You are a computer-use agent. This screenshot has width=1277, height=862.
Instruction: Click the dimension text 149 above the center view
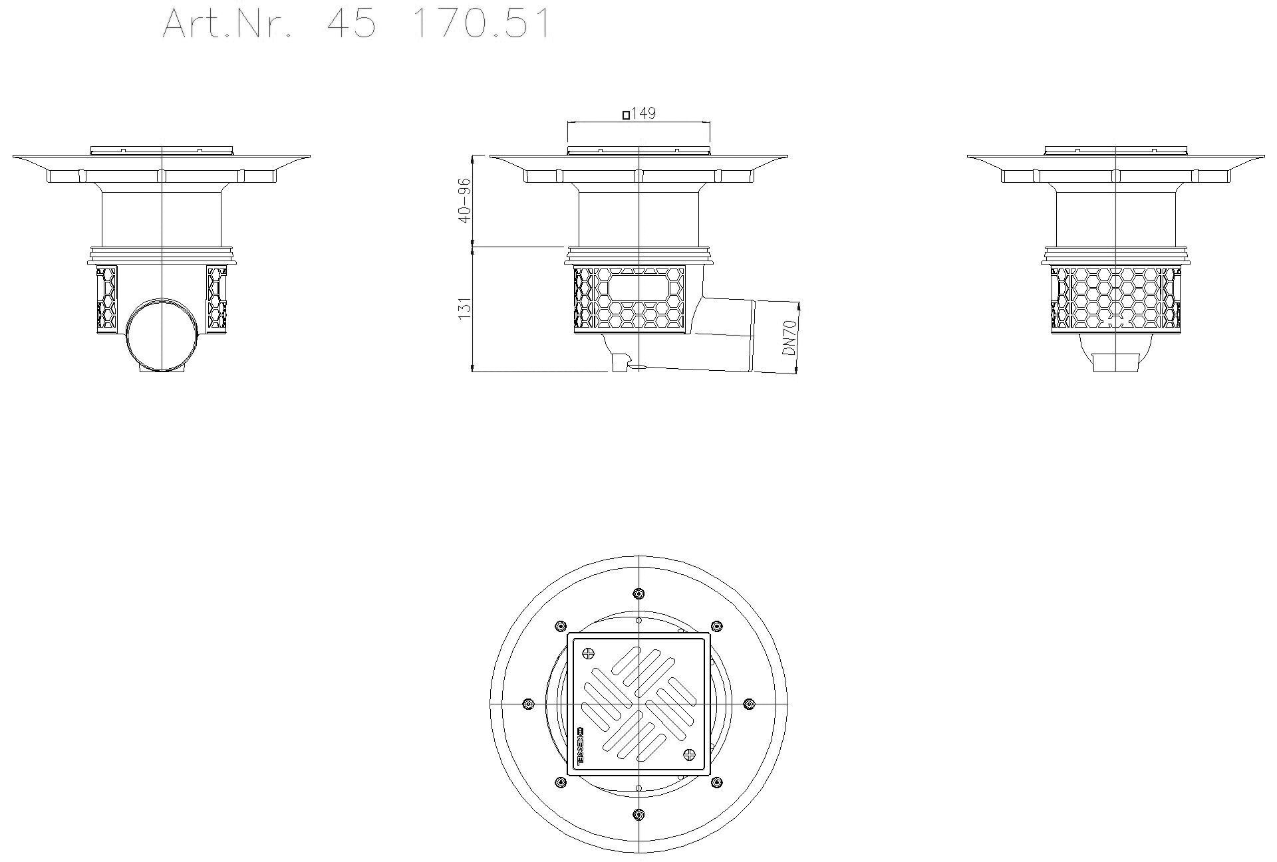click(643, 114)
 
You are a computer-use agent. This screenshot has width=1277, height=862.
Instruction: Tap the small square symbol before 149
click(626, 115)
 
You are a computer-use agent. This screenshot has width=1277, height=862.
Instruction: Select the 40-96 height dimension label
click(465, 200)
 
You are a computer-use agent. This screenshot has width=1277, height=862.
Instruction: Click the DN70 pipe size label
click(789, 337)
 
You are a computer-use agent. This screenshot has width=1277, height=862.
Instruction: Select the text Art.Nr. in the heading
click(227, 24)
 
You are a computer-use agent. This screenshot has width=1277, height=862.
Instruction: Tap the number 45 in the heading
click(352, 24)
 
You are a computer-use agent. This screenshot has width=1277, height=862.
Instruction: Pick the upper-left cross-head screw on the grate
click(587, 653)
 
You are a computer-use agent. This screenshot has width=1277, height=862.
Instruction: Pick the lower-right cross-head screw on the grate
click(690, 755)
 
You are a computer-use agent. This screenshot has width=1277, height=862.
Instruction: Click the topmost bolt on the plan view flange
click(638, 593)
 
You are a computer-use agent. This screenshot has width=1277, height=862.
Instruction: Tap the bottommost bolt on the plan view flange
click(638, 814)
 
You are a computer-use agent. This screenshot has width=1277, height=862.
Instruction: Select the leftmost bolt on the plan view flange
click(528, 704)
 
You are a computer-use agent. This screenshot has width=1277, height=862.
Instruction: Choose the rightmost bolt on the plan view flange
click(749, 704)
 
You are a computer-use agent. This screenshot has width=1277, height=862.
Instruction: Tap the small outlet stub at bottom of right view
click(1116, 363)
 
